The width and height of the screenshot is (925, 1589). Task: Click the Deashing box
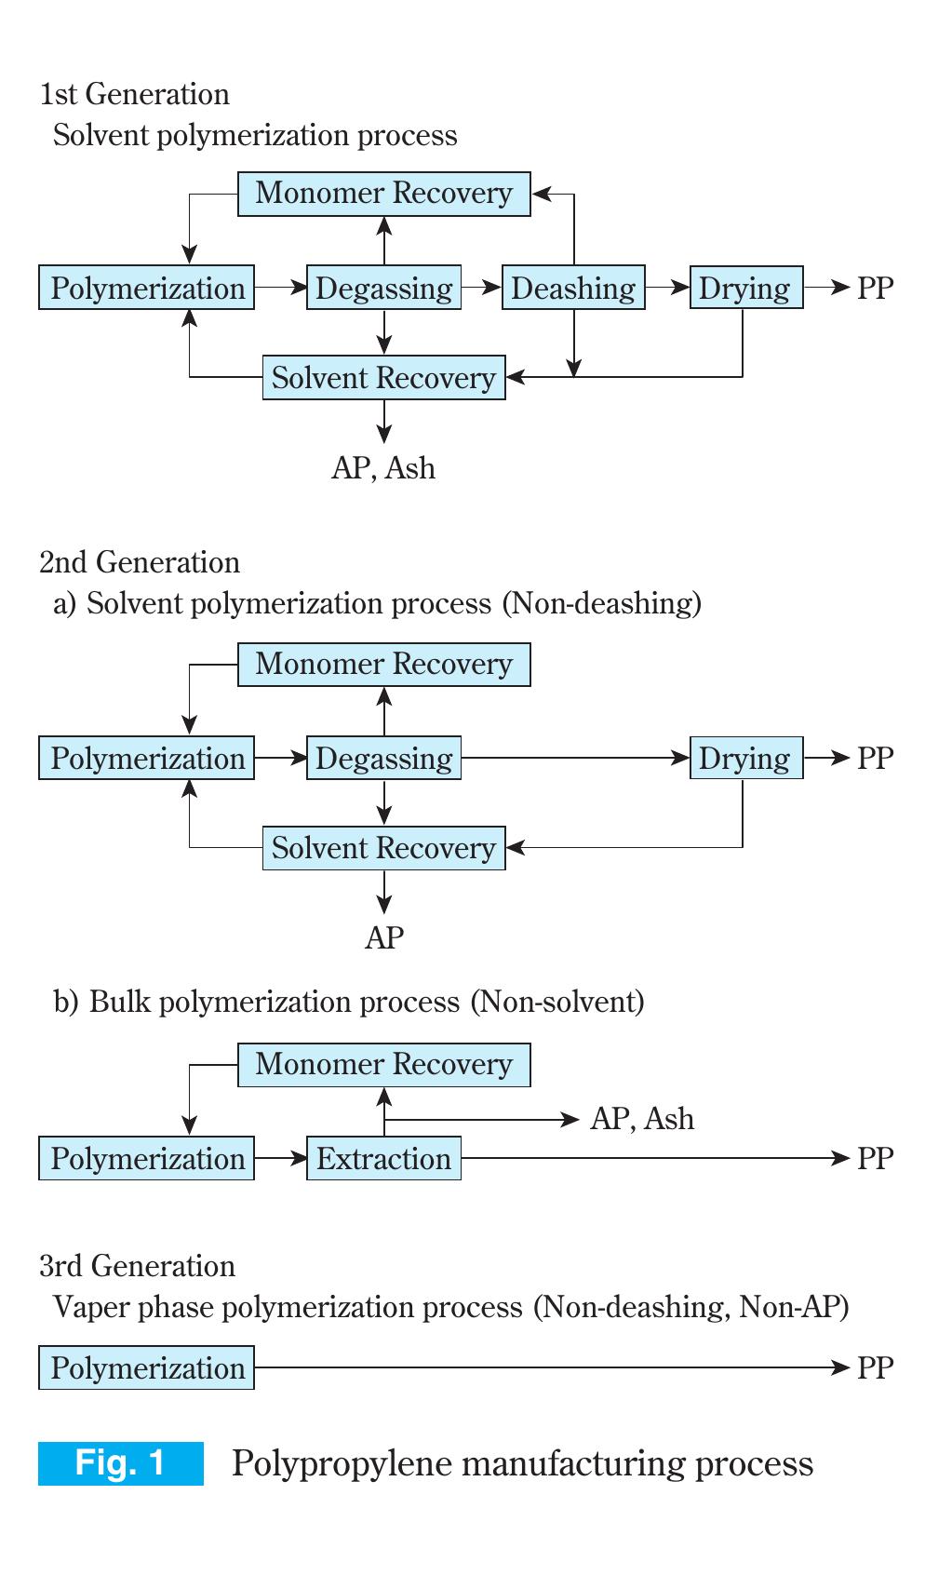pyautogui.click(x=573, y=288)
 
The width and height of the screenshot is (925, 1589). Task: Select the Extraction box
pyautogui.click(x=383, y=1158)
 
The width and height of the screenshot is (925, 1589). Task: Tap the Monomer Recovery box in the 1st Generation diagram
pyautogui.click(x=383, y=194)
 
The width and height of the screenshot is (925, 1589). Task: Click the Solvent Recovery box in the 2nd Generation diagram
pyautogui.click(x=383, y=848)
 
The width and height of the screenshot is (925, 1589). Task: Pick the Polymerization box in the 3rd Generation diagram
pyautogui.click(x=146, y=1367)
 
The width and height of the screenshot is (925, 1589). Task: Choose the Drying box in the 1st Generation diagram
pyautogui.click(x=745, y=288)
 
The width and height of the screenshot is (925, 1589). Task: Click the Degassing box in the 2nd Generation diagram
pyautogui.click(x=383, y=758)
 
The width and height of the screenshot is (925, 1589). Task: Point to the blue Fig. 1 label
pyautogui.click(x=121, y=1462)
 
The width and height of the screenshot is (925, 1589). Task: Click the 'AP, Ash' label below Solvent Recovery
pyautogui.click(x=383, y=467)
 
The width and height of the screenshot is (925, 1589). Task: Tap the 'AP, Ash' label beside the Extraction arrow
pyautogui.click(x=642, y=1118)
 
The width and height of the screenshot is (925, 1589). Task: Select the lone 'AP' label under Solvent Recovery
pyautogui.click(x=383, y=937)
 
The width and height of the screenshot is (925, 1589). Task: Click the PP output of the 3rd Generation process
pyautogui.click(x=875, y=1367)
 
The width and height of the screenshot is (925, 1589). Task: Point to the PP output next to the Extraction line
pyautogui.click(x=875, y=1158)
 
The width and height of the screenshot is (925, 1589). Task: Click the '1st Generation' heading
pyautogui.click(x=134, y=94)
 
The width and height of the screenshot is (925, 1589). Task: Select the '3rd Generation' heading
pyautogui.click(x=137, y=1266)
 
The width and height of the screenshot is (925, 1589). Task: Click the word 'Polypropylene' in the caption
pyautogui.click(x=340, y=1463)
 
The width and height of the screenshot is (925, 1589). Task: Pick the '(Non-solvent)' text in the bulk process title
pyautogui.click(x=557, y=1002)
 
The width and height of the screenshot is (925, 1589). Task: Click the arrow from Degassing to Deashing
pyautogui.click(x=481, y=288)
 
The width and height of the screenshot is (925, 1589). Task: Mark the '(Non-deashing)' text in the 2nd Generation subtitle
pyautogui.click(x=602, y=603)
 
